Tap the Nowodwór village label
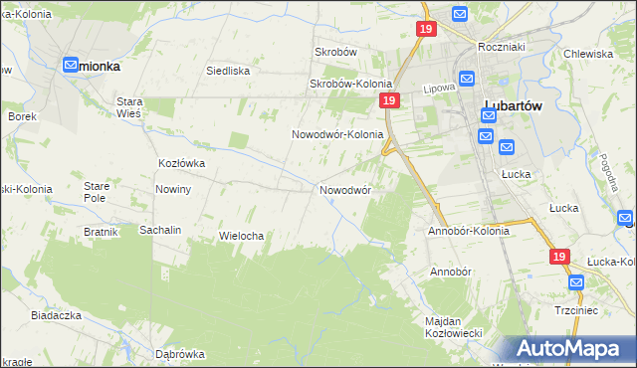[x=345, y=189]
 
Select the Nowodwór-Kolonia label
[x=337, y=134]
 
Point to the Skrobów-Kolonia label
[x=350, y=85]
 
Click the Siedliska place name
[x=227, y=71]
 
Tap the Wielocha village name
[x=240, y=236]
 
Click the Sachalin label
[x=160, y=230]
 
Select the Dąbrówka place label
[x=180, y=353]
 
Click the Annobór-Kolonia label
[x=468, y=231]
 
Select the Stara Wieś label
[x=130, y=107]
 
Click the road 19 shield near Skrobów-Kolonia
[x=389, y=102]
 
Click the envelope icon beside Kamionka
[x=72, y=66]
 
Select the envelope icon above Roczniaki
[x=459, y=14]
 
